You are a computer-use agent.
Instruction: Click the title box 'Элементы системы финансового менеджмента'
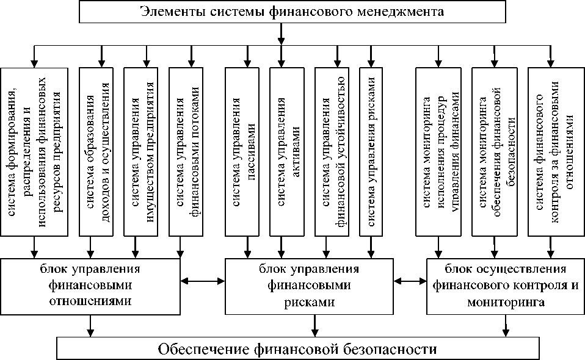[x=292, y=12]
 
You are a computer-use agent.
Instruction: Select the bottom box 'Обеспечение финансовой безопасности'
[x=298, y=348]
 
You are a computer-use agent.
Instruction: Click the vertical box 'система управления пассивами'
[x=242, y=152]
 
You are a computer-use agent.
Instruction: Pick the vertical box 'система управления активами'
[x=287, y=152]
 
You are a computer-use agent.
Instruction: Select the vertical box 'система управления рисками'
[x=371, y=152]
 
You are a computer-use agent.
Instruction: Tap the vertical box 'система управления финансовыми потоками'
[x=186, y=152]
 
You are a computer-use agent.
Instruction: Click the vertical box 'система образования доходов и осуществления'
[x=96, y=152]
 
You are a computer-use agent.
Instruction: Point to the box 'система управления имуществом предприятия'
[x=140, y=152]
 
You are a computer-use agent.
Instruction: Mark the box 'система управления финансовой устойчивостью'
[x=332, y=152]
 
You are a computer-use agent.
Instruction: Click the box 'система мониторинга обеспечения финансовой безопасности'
[x=495, y=152]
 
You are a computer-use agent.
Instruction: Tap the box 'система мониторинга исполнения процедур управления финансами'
[x=438, y=152]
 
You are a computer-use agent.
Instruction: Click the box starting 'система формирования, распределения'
[x=34, y=152]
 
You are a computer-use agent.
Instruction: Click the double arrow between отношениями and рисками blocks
[x=203, y=281]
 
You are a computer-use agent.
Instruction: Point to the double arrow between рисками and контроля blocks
[x=410, y=281]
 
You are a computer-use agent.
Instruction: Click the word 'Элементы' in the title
[x=172, y=12]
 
